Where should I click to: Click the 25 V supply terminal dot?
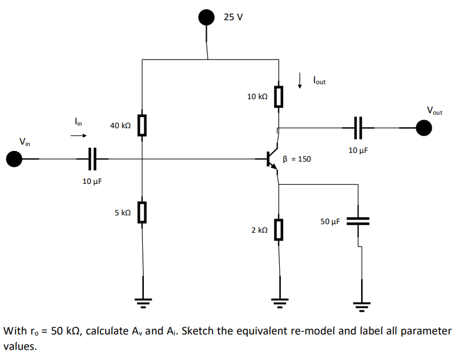[206, 18]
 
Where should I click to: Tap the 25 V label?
[233, 17]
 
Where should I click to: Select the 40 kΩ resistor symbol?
[142, 125]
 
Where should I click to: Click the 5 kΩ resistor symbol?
[142, 212]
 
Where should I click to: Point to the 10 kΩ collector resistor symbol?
[278, 96]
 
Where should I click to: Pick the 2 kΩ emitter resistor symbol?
[278, 229]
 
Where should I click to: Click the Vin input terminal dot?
[14, 159]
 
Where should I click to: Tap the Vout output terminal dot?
[424, 128]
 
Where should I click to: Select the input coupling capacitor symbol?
[92, 159]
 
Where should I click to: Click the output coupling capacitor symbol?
[358, 128]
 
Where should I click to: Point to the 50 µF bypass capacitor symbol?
[359, 221]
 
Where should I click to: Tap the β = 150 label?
[297, 159]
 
